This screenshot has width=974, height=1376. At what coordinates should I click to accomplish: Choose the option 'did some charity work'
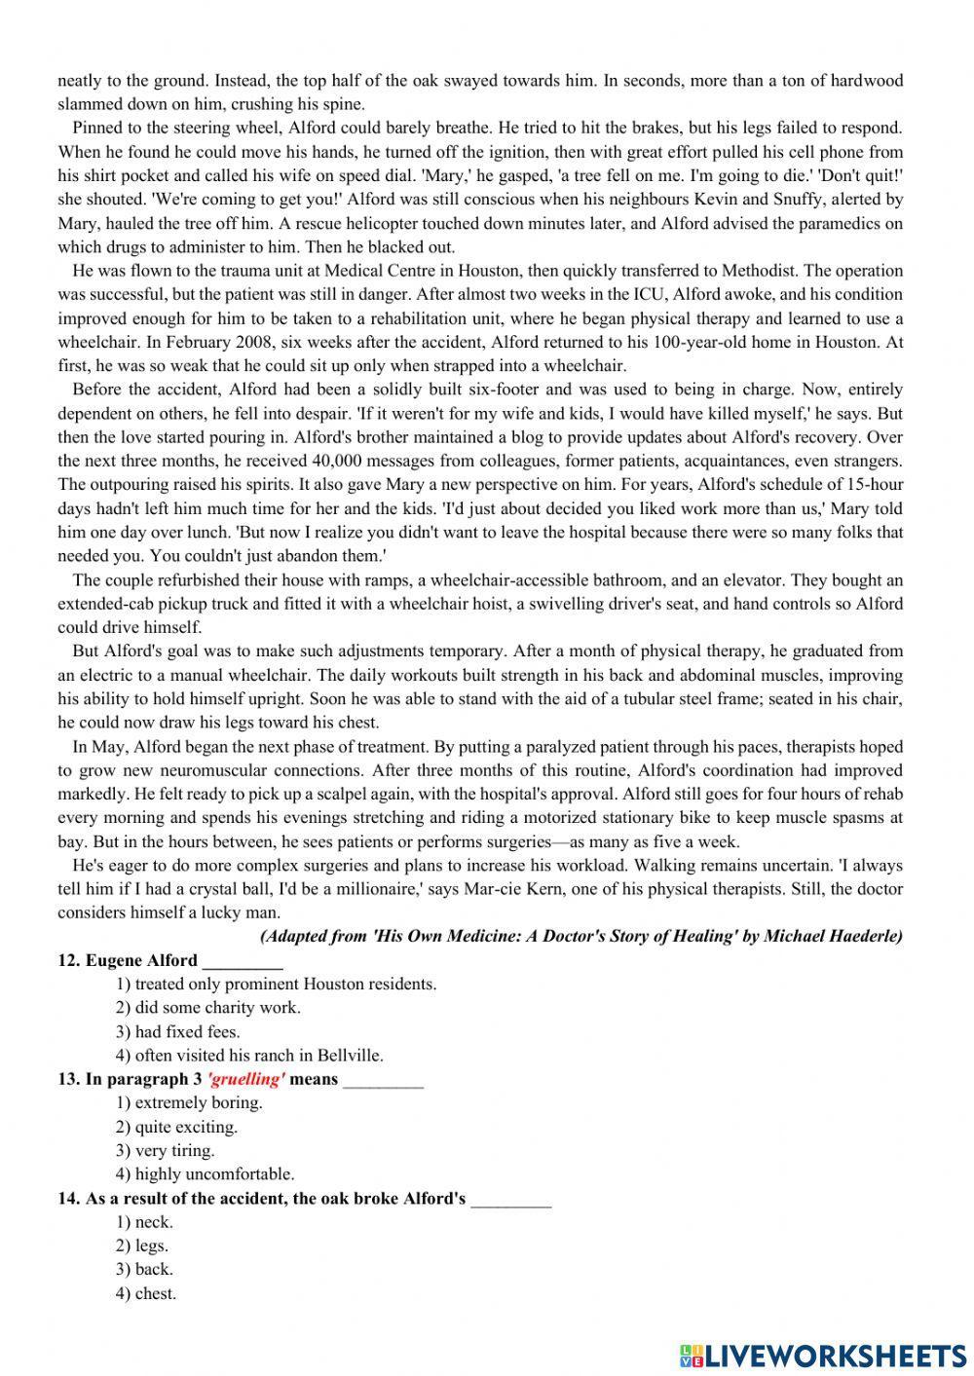[x=208, y=1008]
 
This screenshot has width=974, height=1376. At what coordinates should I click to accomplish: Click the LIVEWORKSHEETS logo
[x=822, y=1355]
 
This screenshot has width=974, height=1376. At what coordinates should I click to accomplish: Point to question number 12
[x=68, y=960]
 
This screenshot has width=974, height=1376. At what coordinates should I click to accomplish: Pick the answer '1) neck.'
[x=144, y=1221]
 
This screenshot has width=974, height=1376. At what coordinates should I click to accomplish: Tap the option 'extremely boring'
[x=189, y=1102]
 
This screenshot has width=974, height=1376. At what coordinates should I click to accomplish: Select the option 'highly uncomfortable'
[x=205, y=1173]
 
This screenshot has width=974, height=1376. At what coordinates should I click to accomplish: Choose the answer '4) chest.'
[x=146, y=1293]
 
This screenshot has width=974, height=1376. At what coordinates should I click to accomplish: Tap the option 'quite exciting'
[x=176, y=1127]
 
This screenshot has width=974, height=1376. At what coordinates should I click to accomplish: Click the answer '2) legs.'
[x=142, y=1246]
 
